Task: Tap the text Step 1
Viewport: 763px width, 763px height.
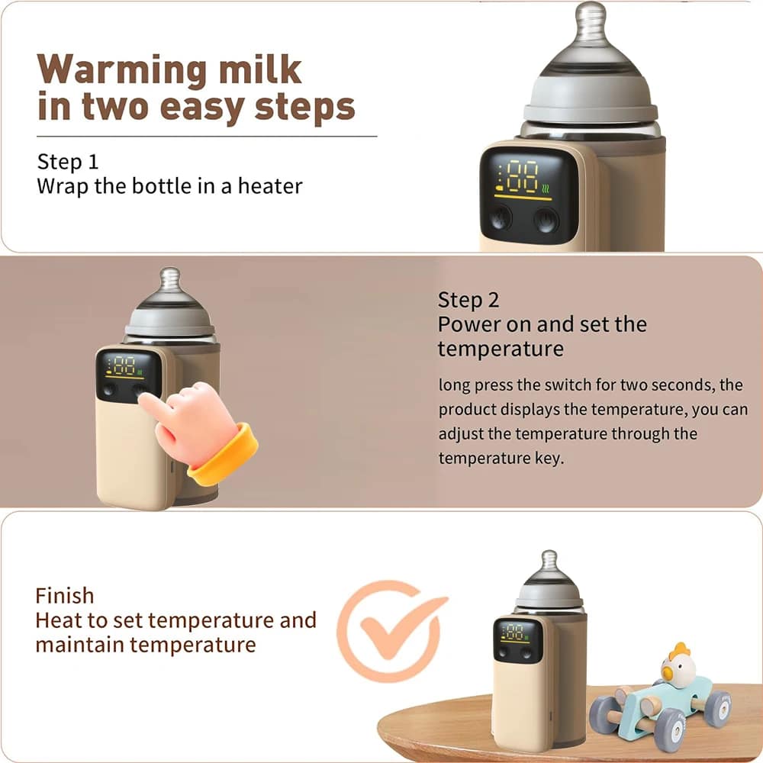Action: click(x=68, y=162)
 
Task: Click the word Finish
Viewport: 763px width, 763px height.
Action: click(x=65, y=595)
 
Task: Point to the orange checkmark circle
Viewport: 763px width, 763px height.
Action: click(x=389, y=629)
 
